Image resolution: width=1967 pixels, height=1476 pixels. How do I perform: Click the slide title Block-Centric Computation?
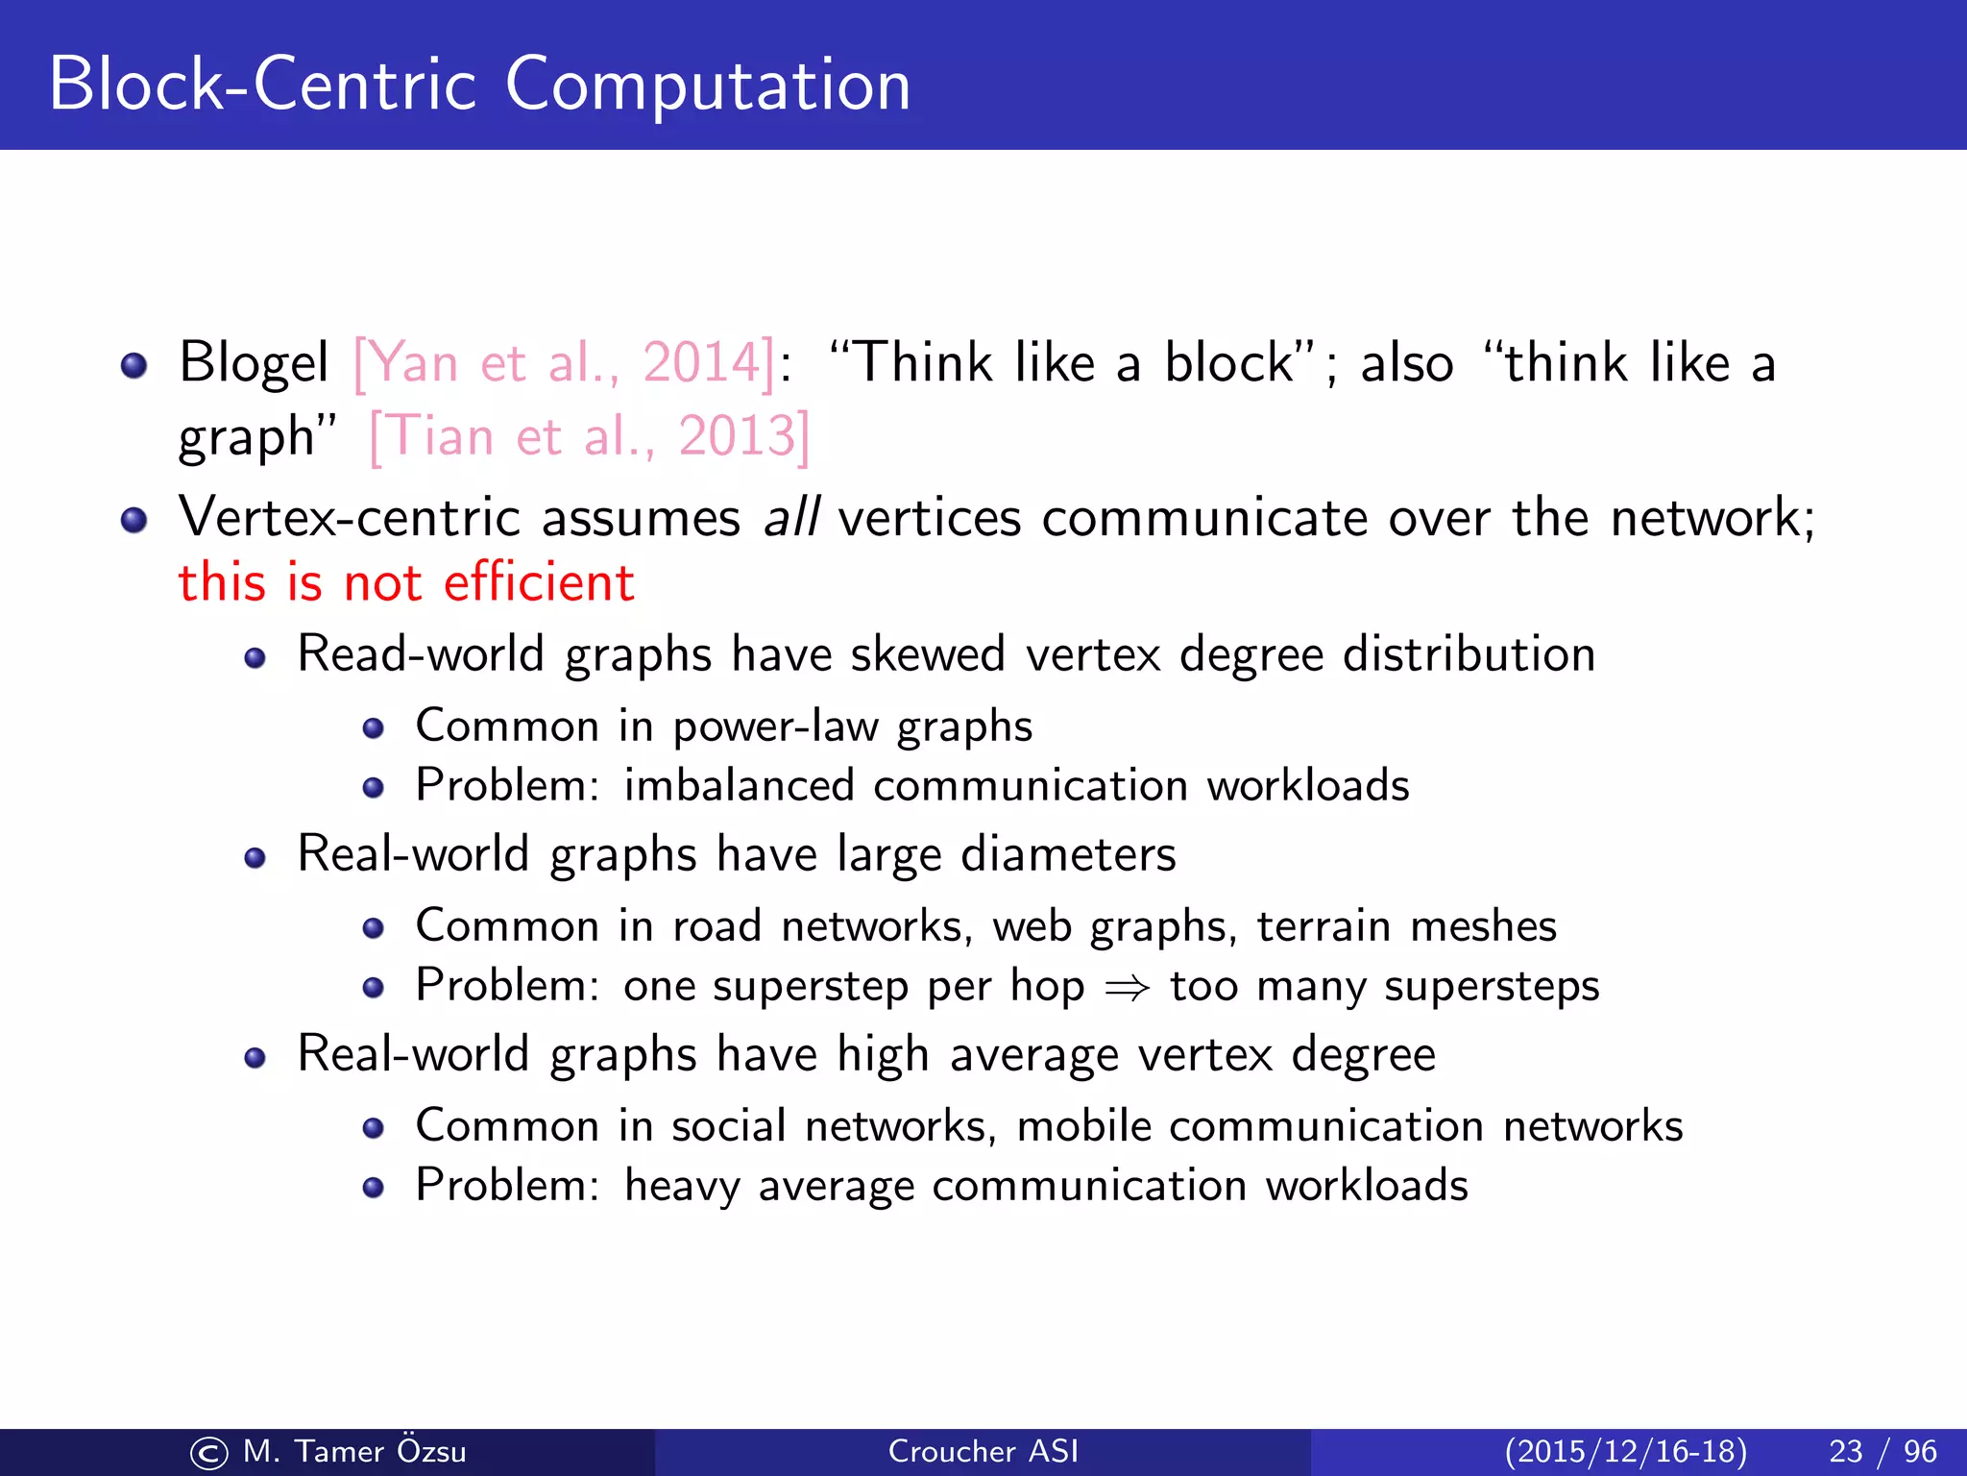pyautogui.click(x=479, y=85)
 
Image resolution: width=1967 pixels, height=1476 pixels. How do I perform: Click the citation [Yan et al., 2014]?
pyautogui.click(x=564, y=363)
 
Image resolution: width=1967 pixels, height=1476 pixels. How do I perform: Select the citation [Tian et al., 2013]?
pyautogui.click(x=590, y=436)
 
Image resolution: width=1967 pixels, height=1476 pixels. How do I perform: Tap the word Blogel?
pyautogui.click(x=254, y=363)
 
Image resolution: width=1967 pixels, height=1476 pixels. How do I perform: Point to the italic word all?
pyautogui.click(x=790, y=518)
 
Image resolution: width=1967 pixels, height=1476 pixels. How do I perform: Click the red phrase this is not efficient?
pyautogui.click(x=406, y=582)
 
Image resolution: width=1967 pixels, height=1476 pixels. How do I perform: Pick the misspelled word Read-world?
pyautogui.click(x=421, y=654)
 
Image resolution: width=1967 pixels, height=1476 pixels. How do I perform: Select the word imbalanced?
pyautogui.click(x=739, y=785)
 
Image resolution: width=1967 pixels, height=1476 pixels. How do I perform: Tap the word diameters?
pyautogui.click(x=1068, y=854)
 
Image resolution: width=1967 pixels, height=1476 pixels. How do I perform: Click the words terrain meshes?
pyautogui.click(x=1406, y=926)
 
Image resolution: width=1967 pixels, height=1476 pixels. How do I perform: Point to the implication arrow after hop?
pyautogui.click(x=1128, y=987)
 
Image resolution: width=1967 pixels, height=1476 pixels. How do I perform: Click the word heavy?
pyautogui.click(x=682, y=1186)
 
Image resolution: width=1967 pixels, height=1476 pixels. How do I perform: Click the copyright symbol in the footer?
pyautogui.click(x=209, y=1453)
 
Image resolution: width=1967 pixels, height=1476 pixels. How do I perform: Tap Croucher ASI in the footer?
pyautogui.click(x=983, y=1451)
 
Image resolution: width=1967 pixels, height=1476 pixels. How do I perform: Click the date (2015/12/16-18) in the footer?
pyautogui.click(x=1625, y=1451)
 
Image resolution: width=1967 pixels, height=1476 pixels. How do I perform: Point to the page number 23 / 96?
pyautogui.click(x=1882, y=1451)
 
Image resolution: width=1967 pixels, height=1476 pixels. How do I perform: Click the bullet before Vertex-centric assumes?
pyautogui.click(x=134, y=520)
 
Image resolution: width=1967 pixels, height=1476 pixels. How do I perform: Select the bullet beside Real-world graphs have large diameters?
pyautogui.click(x=255, y=857)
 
